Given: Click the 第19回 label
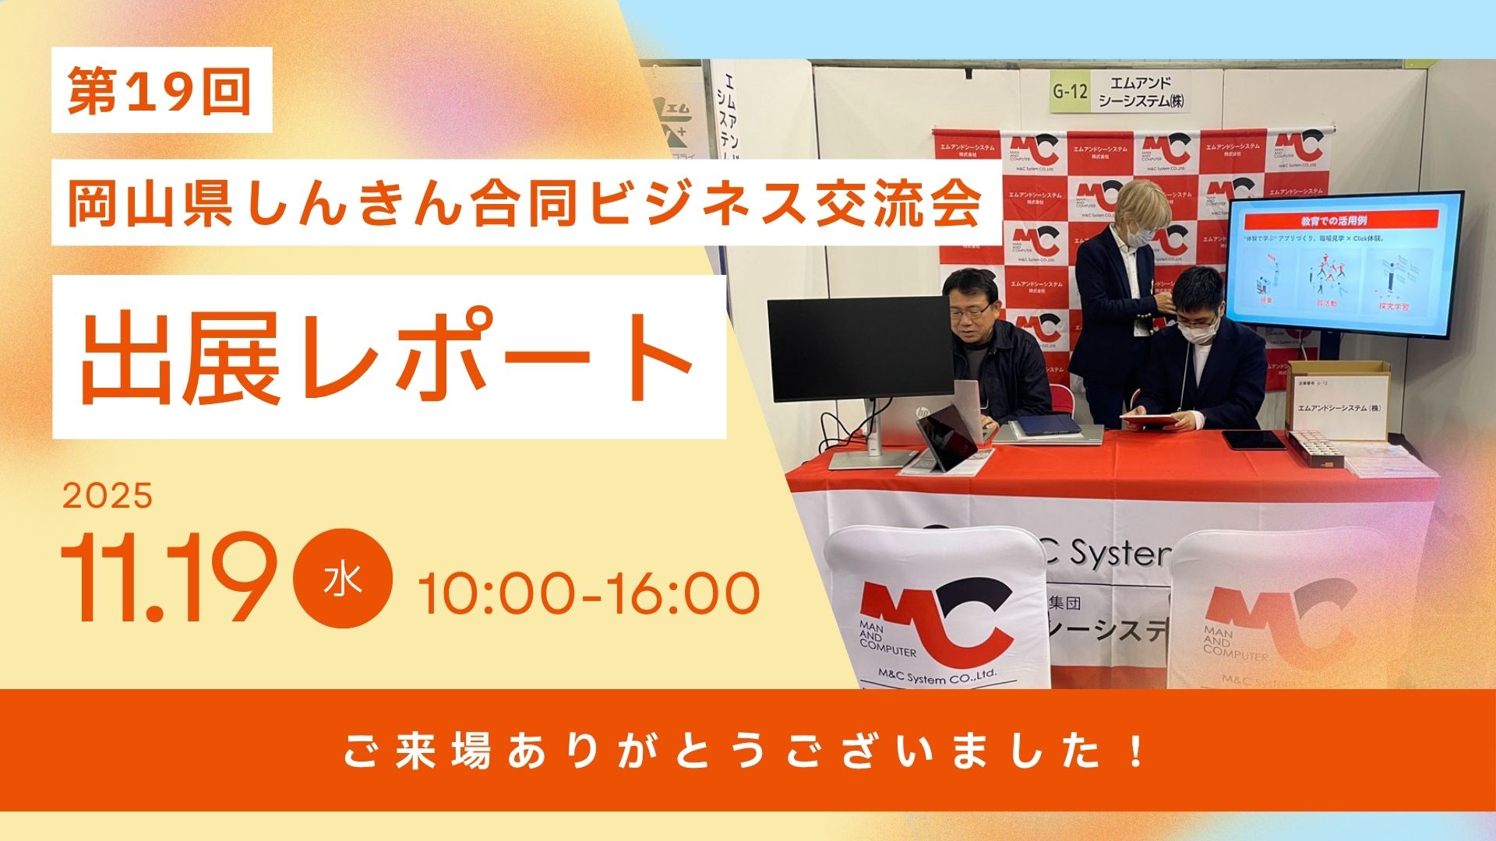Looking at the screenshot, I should tap(161, 90).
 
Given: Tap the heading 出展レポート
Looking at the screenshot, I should tap(388, 357).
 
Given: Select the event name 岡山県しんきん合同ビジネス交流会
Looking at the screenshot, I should tap(524, 203).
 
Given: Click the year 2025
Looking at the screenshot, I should tap(108, 496).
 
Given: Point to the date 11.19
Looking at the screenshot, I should tap(168, 579).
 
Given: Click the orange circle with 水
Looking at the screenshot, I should tap(344, 580).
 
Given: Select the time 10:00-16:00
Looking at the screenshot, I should tap(589, 593).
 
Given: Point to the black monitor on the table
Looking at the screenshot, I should tap(860, 349).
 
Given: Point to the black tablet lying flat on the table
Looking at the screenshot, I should tap(1254, 439).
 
